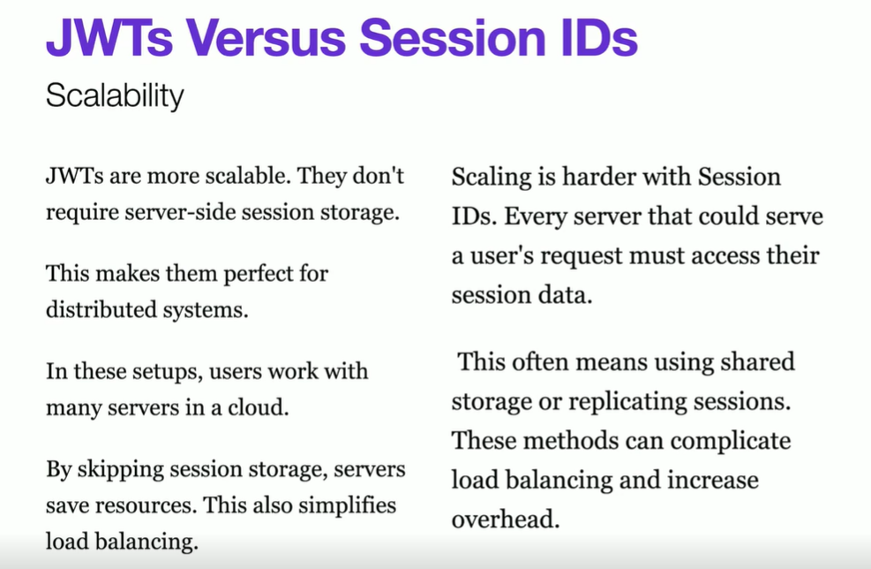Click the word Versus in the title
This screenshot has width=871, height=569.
[x=266, y=37]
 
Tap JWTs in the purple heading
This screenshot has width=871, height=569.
[x=109, y=37]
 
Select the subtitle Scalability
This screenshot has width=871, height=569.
[x=115, y=95]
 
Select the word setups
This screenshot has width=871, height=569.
[x=168, y=372]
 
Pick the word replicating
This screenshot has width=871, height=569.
[x=629, y=402]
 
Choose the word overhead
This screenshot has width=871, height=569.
[x=506, y=519]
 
